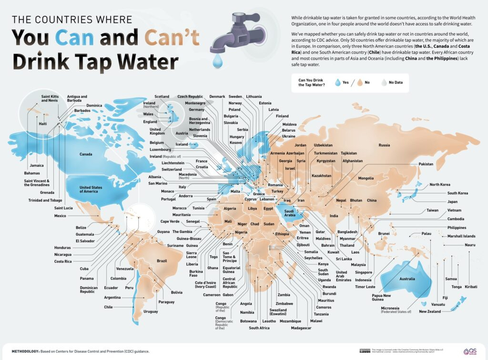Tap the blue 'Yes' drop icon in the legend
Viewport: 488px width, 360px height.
(338, 82)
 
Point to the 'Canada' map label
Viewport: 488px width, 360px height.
(86, 154)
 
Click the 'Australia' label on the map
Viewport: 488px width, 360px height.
(407, 279)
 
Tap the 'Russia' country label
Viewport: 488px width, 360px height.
(384, 145)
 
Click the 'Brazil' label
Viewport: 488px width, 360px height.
(162, 260)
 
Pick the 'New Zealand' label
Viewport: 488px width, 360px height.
(430, 311)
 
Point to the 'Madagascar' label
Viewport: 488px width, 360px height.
(301, 328)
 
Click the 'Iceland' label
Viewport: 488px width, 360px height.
(182, 144)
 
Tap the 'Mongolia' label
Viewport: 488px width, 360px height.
(366, 178)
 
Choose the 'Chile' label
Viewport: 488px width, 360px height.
(108, 307)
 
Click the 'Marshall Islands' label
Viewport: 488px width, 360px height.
(461, 236)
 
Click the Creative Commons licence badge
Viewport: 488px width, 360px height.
(365, 351)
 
